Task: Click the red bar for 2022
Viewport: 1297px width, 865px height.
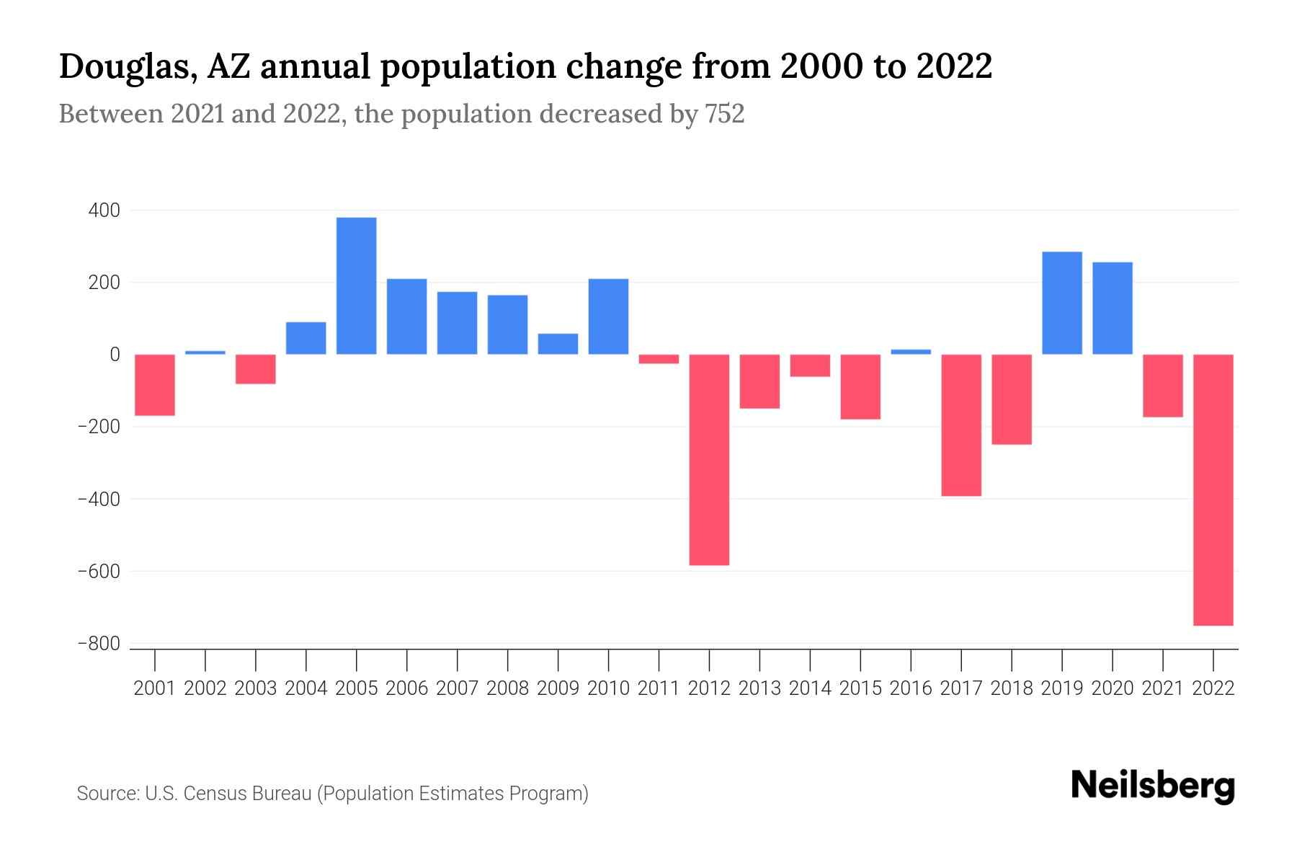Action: pyautogui.click(x=1213, y=489)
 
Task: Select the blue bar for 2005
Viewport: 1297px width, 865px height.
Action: pyautogui.click(x=356, y=285)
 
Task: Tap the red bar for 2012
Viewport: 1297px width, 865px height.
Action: pyautogui.click(x=709, y=459)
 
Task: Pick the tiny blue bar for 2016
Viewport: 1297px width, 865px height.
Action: pyautogui.click(x=911, y=352)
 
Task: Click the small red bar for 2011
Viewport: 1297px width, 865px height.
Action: pyautogui.click(x=659, y=359)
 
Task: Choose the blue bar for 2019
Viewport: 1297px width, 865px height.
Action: pyautogui.click(x=1062, y=303)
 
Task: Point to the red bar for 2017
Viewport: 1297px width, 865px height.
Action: pyautogui.click(x=961, y=425)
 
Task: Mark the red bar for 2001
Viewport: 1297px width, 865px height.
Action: pyautogui.click(x=155, y=385)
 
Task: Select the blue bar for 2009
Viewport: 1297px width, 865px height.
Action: pyautogui.click(x=558, y=344)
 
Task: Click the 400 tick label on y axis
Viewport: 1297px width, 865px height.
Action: pyautogui.click(x=104, y=210)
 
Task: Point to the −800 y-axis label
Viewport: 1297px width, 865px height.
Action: pyautogui.click(x=99, y=644)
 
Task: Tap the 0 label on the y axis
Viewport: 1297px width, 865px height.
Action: pyautogui.click(x=115, y=355)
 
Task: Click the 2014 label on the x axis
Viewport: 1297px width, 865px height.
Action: pyautogui.click(x=810, y=688)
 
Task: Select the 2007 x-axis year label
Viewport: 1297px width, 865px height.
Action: pyautogui.click(x=457, y=688)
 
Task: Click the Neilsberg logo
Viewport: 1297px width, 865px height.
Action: pyautogui.click(x=1153, y=786)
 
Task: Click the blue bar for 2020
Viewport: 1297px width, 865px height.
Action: pyautogui.click(x=1113, y=308)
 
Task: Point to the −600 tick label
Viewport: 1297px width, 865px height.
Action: pyautogui.click(x=99, y=572)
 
